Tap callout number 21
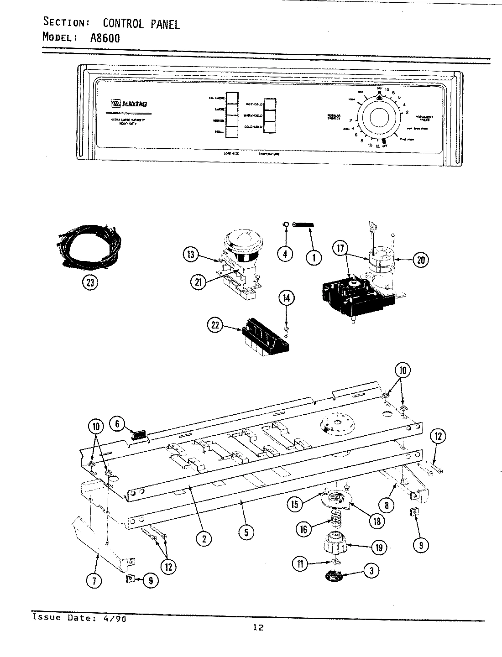click(x=198, y=282)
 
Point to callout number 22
click(x=215, y=325)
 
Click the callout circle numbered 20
click(x=420, y=260)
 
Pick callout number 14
click(x=286, y=299)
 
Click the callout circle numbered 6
click(x=117, y=424)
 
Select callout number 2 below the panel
click(x=204, y=539)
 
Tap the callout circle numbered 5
click(x=246, y=532)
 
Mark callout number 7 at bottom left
click(x=94, y=581)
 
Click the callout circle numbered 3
click(x=372, y=570)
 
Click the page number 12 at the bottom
click(x=258, y=628)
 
